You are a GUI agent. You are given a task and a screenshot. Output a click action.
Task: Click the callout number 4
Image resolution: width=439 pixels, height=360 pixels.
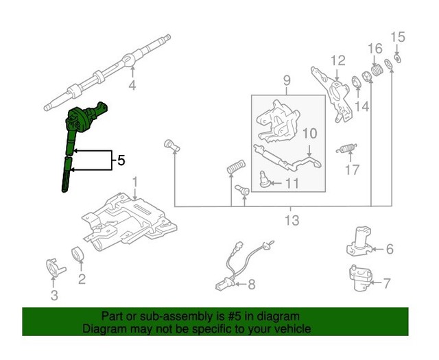pos(132,86)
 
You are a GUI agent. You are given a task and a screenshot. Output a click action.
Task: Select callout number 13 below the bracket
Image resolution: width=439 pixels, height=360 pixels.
pos(292,220)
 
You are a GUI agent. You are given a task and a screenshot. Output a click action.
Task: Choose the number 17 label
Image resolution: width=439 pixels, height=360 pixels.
pos(352,170)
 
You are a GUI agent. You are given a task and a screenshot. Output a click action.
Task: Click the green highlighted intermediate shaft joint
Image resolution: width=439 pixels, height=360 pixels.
pos(84,119)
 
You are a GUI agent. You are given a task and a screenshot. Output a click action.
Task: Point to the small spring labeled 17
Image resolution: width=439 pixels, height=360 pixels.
pos(347,148)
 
